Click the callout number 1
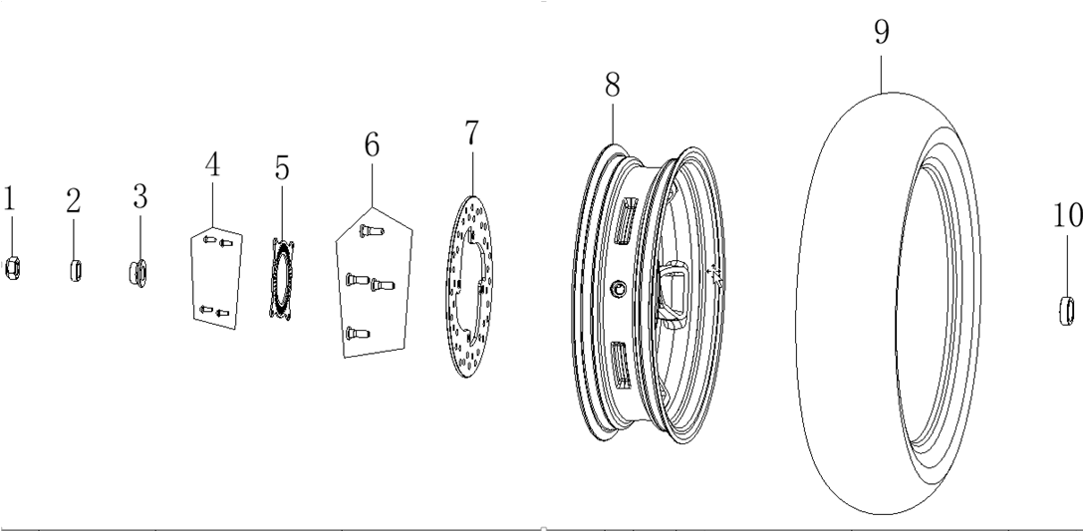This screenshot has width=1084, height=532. coord(9,199)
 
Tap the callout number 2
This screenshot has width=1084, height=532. coord(74,201)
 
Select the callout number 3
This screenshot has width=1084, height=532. coord(140,197)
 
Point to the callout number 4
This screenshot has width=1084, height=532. coord(212,164)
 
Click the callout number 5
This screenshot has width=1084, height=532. coord(281,168)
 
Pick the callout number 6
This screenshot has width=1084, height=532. coord(372,145)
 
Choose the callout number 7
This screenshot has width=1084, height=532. coord(471,133)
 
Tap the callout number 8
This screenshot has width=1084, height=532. coord(612,85)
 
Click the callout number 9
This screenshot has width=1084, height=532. coord(881,32)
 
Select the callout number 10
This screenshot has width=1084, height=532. coord(1068,215)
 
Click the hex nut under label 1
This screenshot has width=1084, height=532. coord(12,268)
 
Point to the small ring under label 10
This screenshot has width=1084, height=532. coord(1066,310)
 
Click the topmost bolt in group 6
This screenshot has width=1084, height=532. coord(367,231)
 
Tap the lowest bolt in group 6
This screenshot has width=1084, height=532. coord(358,335)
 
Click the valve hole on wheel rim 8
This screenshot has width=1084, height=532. coord(619,288)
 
